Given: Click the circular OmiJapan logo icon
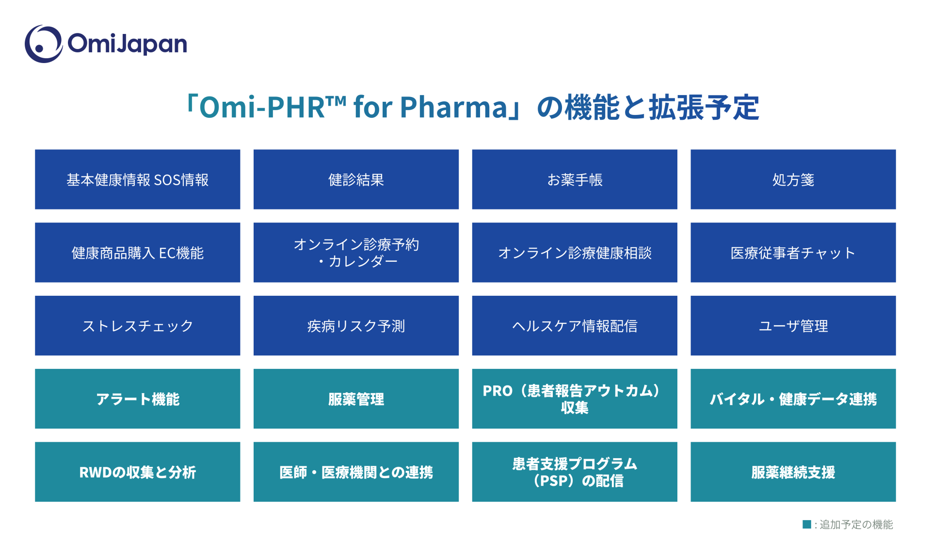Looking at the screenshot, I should point(44,44).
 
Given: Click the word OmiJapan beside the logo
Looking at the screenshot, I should point(127,44).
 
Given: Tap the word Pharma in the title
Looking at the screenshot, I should point(453,107).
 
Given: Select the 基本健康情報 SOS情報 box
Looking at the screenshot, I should point(137,179).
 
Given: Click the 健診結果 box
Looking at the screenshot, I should point(356,179).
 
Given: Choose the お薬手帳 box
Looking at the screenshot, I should point(575,179).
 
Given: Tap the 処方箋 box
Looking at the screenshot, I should point(793,179).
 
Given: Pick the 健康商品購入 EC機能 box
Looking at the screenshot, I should point(137,253).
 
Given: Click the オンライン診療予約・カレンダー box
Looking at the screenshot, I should point(356,253).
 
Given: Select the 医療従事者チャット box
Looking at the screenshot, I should point(793,253).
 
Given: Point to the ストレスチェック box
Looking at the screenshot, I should point(137,326).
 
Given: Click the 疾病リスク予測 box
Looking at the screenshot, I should point(356,326).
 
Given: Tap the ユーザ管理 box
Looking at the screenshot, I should point(793,326).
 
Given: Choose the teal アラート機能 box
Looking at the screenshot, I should point(137,399).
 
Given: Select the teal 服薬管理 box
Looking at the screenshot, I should point(356,399).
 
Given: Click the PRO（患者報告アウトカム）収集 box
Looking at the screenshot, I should point(575,399).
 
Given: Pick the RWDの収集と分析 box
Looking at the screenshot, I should point(137,472).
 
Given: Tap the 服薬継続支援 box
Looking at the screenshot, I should point(793,472).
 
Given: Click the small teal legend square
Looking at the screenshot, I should point(807,524).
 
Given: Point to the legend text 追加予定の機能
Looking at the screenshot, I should point(856,525).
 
